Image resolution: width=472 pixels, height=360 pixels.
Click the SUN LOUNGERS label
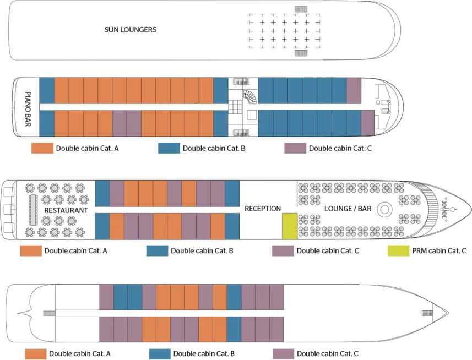[131, 30]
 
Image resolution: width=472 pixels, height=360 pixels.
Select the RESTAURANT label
[66, 210]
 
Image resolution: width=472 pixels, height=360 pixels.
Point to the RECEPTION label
[263, 209]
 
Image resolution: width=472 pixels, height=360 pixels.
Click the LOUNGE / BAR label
[347, 209]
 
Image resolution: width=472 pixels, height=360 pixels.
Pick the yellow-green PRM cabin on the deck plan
[289, 226]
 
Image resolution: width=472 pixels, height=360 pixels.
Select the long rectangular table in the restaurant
[32, 210]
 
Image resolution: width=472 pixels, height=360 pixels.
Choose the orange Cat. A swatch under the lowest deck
[35, 353]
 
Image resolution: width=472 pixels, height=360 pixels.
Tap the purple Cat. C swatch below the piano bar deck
[295, 148]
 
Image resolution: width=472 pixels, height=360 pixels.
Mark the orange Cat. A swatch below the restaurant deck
[31, 251]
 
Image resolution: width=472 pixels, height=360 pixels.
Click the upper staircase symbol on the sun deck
[301, 9]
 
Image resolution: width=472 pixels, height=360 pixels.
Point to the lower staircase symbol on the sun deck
[301, 53]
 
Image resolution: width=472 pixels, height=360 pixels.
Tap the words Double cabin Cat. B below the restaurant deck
[202, 251]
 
